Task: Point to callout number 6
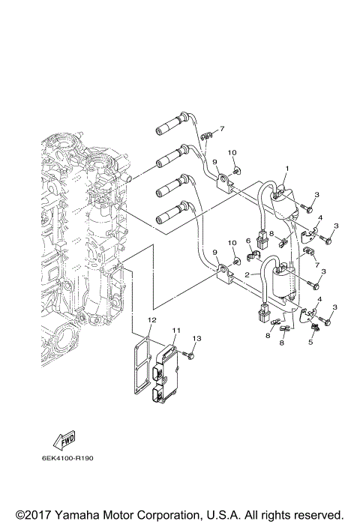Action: [x=247, y=241]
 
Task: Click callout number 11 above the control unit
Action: [x=175, y=330]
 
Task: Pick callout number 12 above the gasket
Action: [x=151, y=320]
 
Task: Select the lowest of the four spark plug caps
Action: [x=169, y=218]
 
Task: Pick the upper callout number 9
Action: [x=214, y=161]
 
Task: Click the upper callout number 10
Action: [x=232, y=154]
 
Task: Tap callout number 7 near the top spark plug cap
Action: [x=222, y=129]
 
